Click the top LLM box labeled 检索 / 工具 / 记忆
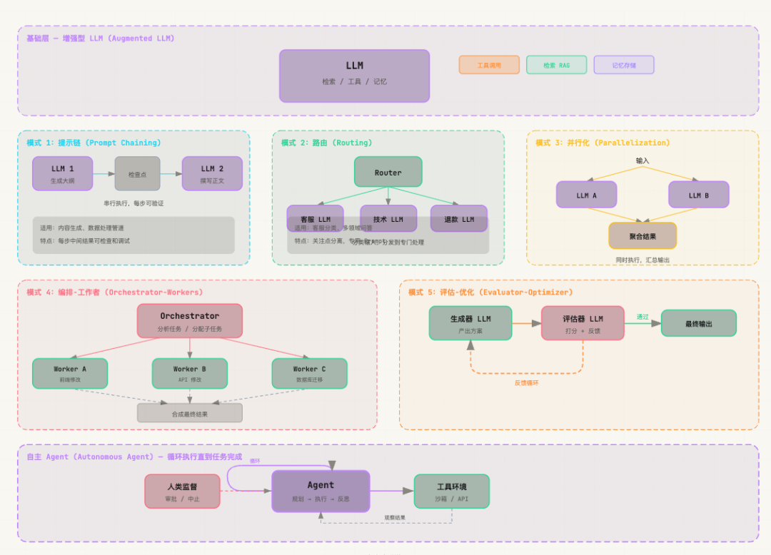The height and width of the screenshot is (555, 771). tap(354, 76)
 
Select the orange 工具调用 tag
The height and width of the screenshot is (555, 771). tap(489, 65)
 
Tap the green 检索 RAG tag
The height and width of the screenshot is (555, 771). tap(556, 65)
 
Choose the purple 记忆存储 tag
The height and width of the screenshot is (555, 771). tap(624, 65)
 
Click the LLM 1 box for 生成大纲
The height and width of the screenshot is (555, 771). tap(62, 173)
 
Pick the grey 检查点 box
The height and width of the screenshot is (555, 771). tap(137, 173)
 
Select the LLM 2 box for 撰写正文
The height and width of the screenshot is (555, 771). tap(212, 173)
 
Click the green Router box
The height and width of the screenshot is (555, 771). tap(388, 172)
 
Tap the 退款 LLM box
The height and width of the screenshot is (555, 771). tap(458, 218)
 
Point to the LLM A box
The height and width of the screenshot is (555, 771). tap(586, 194)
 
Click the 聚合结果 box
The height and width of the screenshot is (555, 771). tap(642, 235)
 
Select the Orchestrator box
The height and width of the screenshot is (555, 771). tap(189, 320)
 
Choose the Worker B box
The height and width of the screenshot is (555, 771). tap(189, 373)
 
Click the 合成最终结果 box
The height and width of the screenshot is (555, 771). tap(189, 413)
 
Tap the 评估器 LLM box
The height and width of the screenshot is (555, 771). tap(583, 323)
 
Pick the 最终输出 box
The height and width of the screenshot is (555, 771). tap(698, 323)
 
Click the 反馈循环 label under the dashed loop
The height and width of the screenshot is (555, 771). tap(526, 383)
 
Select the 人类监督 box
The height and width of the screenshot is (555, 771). tap(182, 491)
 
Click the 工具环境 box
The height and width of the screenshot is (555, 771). tap(451, 491)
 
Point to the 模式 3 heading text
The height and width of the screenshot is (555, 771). tap(603, 143)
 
